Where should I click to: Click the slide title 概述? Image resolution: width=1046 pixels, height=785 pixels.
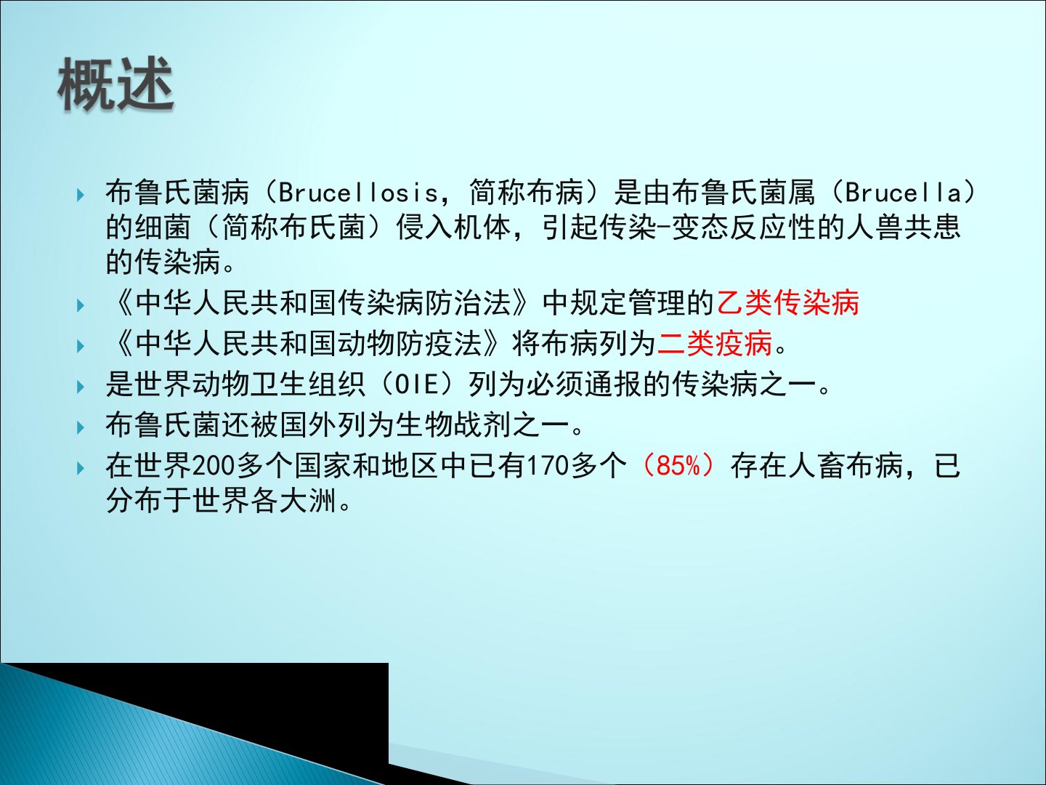pyautogui.click(x=115, y=84)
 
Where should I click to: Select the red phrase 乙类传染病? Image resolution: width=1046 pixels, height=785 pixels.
pyautogui.click(x=787, y=302)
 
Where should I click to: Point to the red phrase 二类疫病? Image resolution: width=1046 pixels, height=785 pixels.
pyautogui.click(x=714, y=343)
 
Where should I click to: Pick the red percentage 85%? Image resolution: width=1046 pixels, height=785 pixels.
pyautogui.click(x=678, y=466)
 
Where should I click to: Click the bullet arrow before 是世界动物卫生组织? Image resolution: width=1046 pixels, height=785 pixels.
pyautogui.click(x=81, y=387)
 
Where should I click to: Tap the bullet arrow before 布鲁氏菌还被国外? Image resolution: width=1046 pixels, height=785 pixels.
pyautogui.click(x=81, y=427)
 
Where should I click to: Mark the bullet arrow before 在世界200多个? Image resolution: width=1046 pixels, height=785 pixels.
pyautogui.click(x=81, y=468)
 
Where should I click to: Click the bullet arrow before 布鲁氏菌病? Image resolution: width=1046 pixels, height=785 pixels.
pyautogui.click(x=81, y=195)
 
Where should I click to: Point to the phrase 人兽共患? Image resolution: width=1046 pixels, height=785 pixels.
pyautogui.click(x=903, y=227)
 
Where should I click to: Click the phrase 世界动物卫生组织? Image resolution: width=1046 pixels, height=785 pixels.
pyautogui.click(x=235, y=385)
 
